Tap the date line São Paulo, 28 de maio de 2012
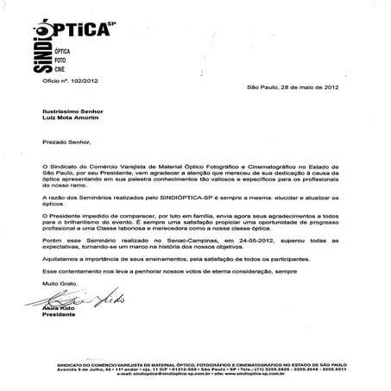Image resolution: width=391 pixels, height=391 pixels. point(298,89)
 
